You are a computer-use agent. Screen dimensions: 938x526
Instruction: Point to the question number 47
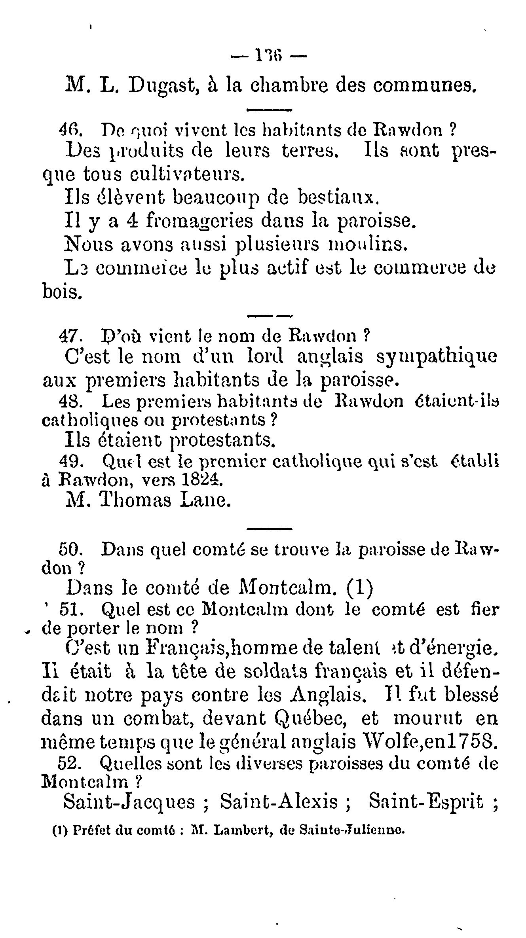point(70,336)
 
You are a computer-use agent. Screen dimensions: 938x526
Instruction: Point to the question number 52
point(71,762)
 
